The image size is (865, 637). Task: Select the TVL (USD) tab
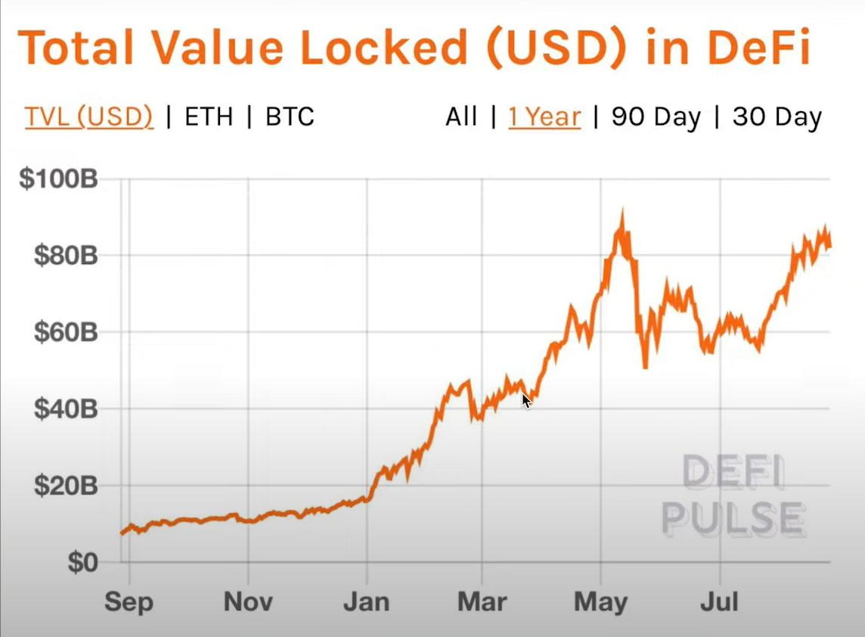tap(89, 117)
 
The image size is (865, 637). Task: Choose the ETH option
tap(209, 117)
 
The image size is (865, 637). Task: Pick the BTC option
tap(290, 117)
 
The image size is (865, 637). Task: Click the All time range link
tap(461, 117)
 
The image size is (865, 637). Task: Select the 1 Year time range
tap(544, 117)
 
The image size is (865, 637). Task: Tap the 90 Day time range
tap(656, 117)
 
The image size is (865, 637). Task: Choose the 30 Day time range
tap(777, 117)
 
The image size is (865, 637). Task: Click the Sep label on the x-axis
tap(129, 602)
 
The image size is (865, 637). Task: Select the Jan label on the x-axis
tap(367, 602)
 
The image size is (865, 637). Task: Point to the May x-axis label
tap(601, 602)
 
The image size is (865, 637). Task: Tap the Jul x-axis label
tap(719, 602)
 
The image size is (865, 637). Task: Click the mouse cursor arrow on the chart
tap(526, 401)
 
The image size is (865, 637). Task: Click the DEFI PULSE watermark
tap(733, 496)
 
